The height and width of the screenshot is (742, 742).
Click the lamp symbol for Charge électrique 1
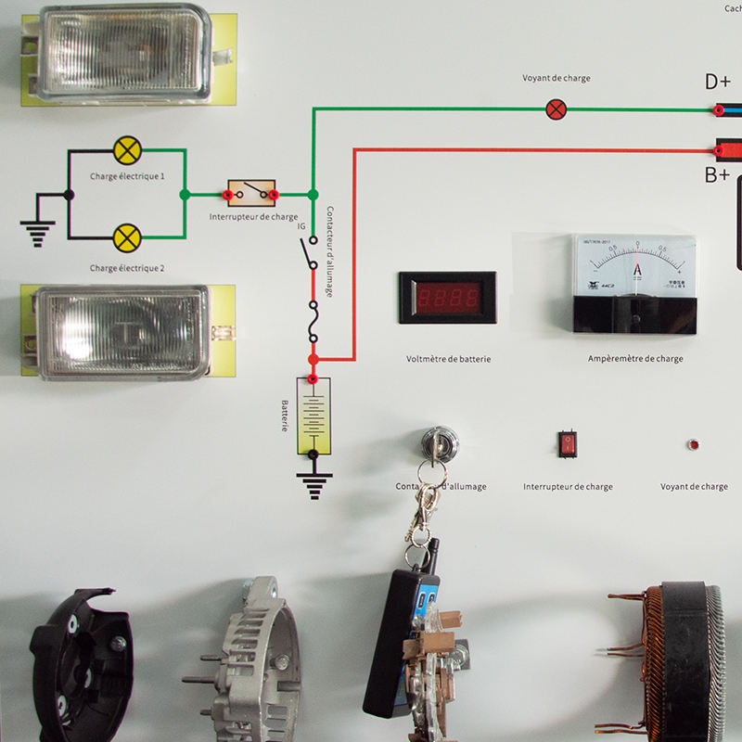[x=127, y=149]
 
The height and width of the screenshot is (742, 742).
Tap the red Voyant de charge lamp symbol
[x=556, y=109]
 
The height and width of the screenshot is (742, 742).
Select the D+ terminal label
[x=718, y=83]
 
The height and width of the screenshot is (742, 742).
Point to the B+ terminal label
[x=717, y=174]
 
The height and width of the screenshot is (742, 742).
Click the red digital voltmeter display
[x=447, y=298]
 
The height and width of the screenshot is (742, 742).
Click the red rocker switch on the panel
[x=568, y=444]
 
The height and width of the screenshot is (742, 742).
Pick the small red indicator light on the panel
[x=693, y=444]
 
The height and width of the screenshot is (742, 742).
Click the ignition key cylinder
[x=439, y=441]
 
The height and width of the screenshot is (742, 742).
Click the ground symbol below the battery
[x=313, y=485]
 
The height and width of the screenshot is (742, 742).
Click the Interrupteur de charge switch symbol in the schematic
[x=251, y=193]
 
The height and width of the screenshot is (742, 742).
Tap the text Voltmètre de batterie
[x=448, y=359]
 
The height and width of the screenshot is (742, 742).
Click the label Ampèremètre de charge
[x=635, y=359]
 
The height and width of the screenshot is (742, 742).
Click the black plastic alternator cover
[x=79, y=663]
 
